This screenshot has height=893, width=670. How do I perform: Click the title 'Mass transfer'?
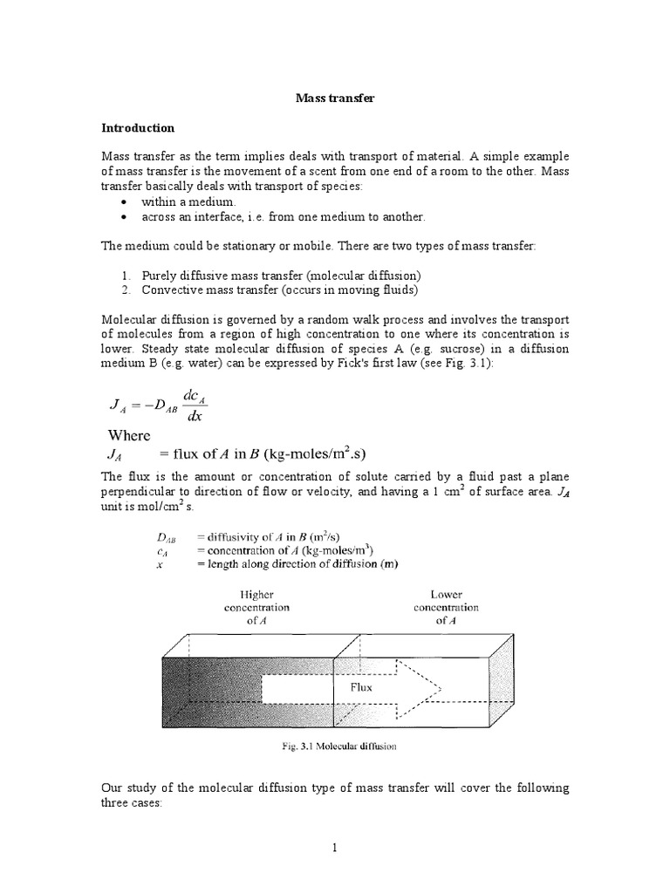point(334,99)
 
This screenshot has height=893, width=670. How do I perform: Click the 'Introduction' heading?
point(138,128)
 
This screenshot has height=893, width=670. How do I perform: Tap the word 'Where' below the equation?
point(129,435)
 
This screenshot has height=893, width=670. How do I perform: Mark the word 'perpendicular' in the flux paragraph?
point(140,490)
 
